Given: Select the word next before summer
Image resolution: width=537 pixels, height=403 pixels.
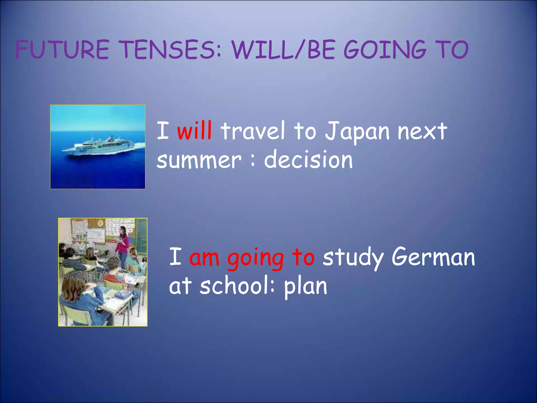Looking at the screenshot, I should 422,131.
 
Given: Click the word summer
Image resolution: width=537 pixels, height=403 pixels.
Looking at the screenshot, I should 199,160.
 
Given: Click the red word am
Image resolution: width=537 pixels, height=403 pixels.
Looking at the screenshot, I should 204,257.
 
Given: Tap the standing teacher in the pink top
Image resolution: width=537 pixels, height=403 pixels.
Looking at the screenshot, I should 122,247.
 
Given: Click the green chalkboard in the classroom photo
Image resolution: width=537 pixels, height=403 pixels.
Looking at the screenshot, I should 141,236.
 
